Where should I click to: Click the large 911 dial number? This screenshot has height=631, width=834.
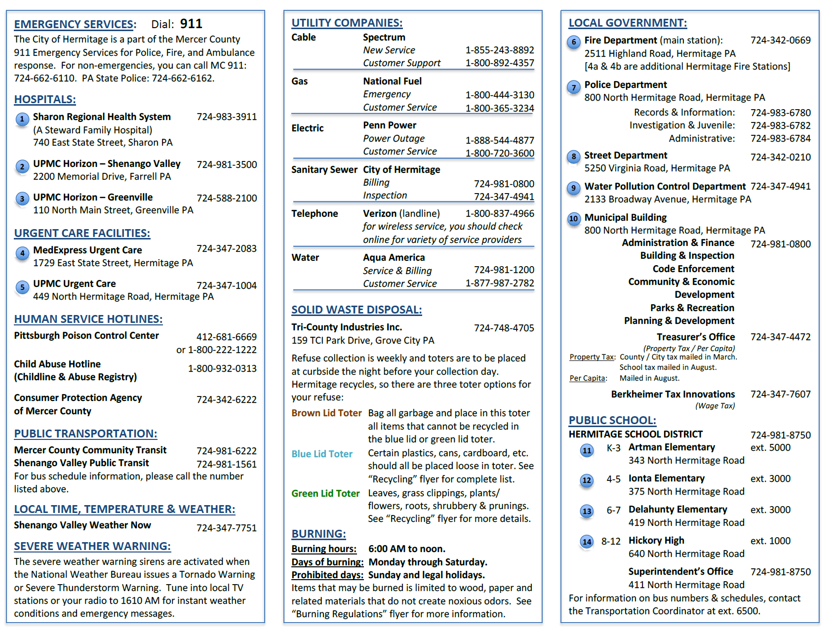pos(191,24)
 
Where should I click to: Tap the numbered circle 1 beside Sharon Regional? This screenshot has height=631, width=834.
pos(22,119)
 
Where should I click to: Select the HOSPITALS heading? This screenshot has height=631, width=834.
pos(45,99)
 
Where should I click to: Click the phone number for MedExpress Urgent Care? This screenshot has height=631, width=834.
pos(227,248)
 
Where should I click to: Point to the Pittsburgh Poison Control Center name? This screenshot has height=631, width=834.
pos(86,336)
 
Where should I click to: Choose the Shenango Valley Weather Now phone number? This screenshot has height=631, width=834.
pos(227,528)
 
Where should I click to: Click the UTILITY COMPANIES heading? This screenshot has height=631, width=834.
pos(347,23)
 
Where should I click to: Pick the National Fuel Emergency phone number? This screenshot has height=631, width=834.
pos(500,95)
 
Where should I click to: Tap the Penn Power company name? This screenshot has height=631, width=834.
pos(390,125)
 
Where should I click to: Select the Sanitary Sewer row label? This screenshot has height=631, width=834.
pos(324,169)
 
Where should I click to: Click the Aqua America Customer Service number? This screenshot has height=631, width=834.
pos(500,283)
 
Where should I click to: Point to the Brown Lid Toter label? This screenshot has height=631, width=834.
pos(326,413)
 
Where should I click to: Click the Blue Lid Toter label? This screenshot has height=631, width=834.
pos(322,454)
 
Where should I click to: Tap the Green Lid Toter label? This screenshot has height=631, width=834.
pos(325,493)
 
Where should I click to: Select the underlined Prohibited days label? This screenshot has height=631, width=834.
pos(327,575)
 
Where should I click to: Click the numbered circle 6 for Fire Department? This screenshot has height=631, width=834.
pos(573,42)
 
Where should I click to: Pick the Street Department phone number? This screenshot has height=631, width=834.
pos(781,157)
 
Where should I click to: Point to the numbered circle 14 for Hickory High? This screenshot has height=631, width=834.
pos(587,542)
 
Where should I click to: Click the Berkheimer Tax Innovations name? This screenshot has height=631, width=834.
pos(673,394)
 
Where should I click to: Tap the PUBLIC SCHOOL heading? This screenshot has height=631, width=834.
pos(612,420)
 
